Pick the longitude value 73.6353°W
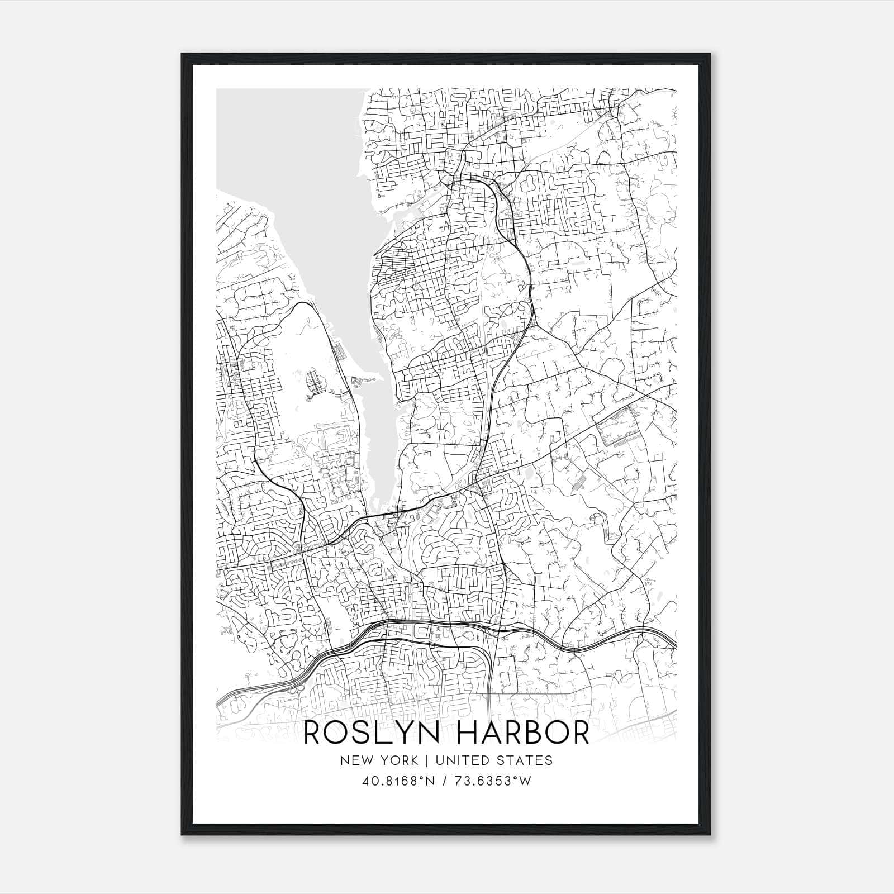click(492, 781)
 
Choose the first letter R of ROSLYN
click(315, 734)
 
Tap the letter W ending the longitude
click(525, 781)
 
